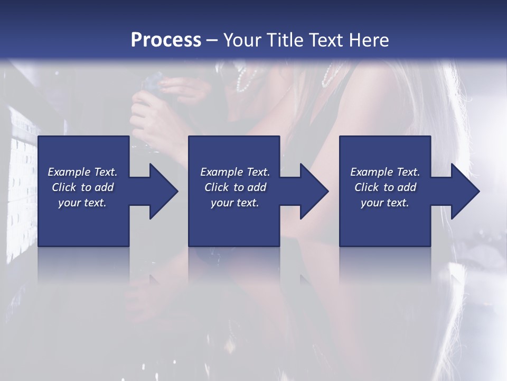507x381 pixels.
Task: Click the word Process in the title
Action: pyautogui.click(x=166, y=40)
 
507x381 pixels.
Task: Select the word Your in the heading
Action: pyautogui.click(x=242, y=40)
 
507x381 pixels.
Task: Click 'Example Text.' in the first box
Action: pyautogui.click(x=82, y=172)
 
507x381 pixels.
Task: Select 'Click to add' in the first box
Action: pyautogui.click(x=82, y=187)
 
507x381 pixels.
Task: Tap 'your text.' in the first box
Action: pyautogui.click(x=82, y=203)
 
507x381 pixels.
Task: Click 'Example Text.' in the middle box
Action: pyautogui.click(x=235, y=172)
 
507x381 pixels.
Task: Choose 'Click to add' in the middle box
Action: pyautogui.click(x=235, y=187)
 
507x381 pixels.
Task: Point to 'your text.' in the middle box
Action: pyautogui.click(x=235, y=203)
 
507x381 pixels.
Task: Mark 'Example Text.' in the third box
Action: pyautogui.click(x=385, y=172)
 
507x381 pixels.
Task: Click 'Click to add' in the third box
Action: pyautogui.click(x=385, y=187)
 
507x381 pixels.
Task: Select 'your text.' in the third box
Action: pyautogui.click(x=385, y=203)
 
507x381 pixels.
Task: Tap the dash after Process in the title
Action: pyautogui.click(x=212, y=41)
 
